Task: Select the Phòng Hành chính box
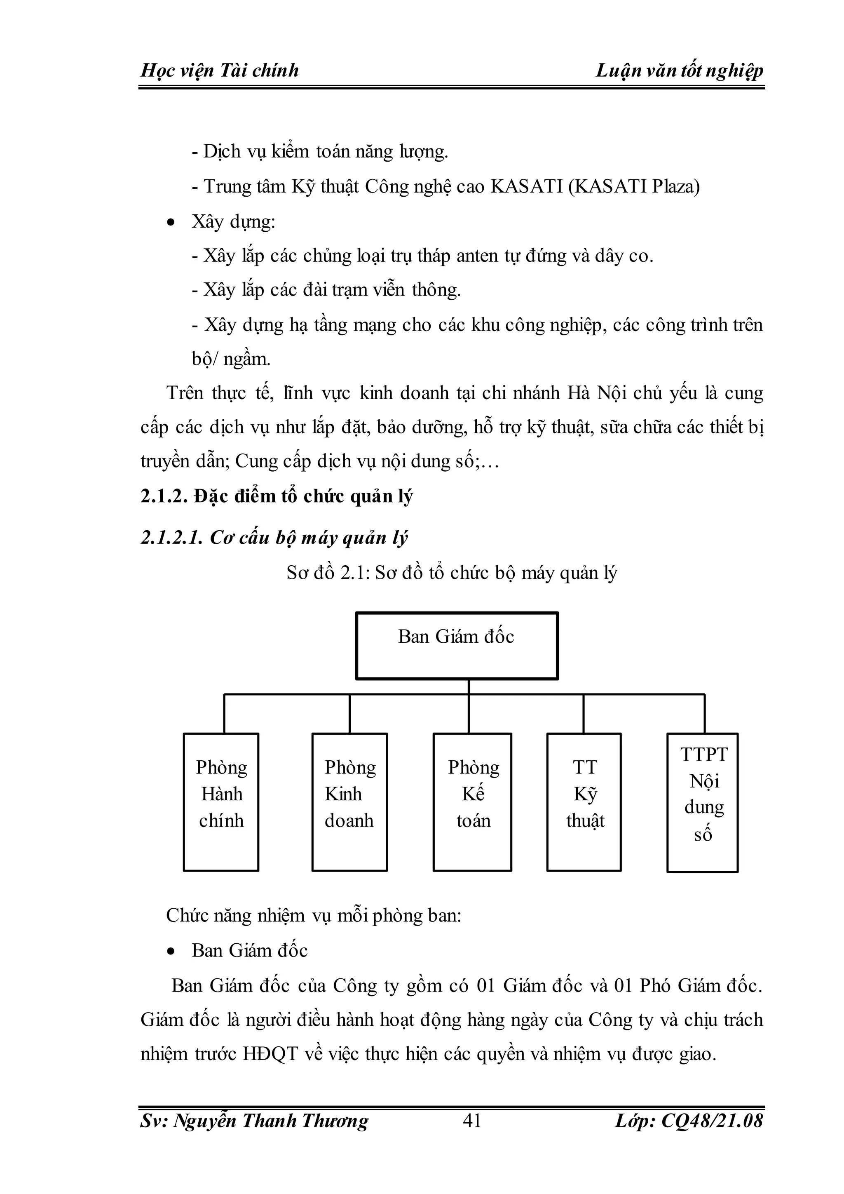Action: pos(221,802)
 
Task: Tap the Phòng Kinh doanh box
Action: pos(349,802)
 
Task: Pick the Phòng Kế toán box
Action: pos(472,802)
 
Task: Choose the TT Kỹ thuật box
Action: pos(584,802)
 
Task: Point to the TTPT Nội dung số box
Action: pos(703,802)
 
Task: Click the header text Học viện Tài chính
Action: pos(220,70)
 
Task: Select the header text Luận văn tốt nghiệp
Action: pos(679,70)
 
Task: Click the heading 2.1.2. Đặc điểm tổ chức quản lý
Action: pos(277,497)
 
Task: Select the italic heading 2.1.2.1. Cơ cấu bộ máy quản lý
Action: pos(274,538)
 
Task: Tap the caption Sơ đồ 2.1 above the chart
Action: pos(452,573)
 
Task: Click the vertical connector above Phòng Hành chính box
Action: pos(224,714)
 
